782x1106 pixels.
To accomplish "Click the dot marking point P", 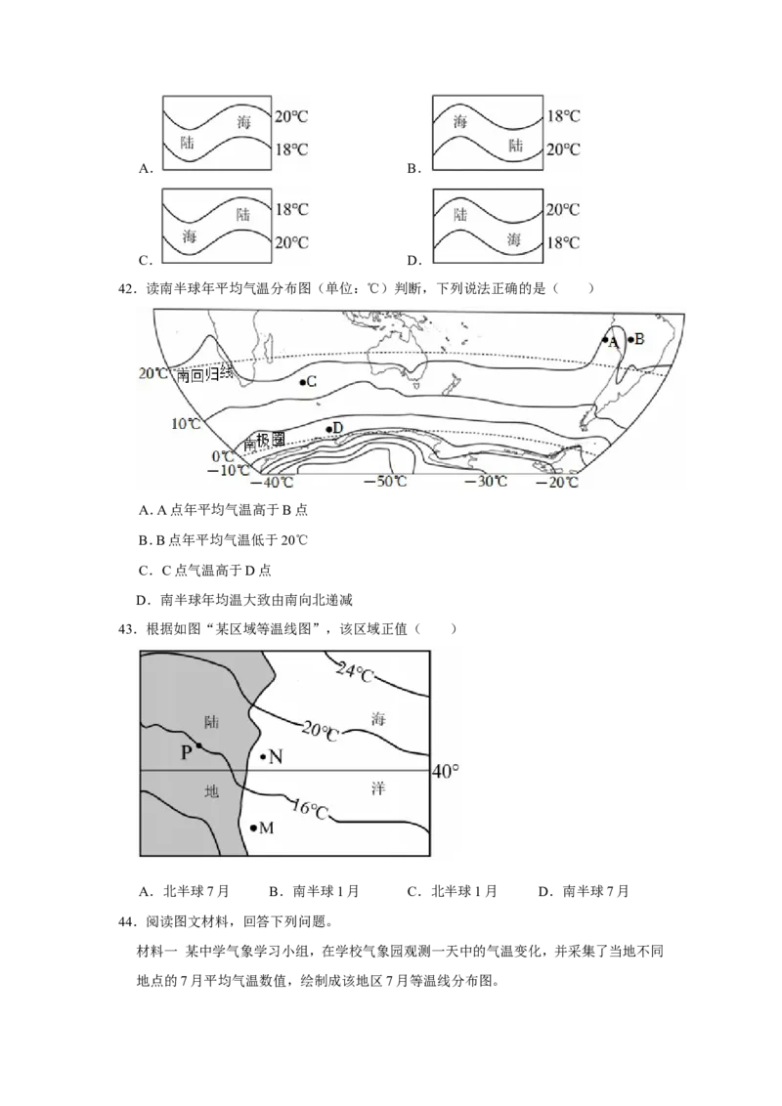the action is pyautogui.click(x=199, y=745).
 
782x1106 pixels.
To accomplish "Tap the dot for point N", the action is pyautogui.click(x=263, y=757).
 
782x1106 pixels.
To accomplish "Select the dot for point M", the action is pyautogui.click(x=253, y=828).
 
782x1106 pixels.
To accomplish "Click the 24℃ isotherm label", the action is pyautogui.click(x=355, y=672).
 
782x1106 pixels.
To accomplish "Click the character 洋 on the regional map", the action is pyautogui.click(x=378, y=787).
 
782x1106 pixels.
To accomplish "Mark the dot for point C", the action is pyautogui.click(x=302, y=382).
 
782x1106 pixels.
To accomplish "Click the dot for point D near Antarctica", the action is pyautogui.click(x=327, y=429).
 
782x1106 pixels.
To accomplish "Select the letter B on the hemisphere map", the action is pyautogui.click(x=638, y=339).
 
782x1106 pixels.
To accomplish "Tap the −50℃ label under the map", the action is pyautogui.click(x=385, y=481).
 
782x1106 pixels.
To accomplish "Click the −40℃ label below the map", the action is pyautogui.click(x=272, y=483).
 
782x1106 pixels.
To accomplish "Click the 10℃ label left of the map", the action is pyautogui.click(x=187, y=423).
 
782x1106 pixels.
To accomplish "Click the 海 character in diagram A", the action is pyautogui.click(x=243, y=122).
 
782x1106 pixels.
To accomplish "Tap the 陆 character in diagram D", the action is pyautogui.click(x=460, y=214).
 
